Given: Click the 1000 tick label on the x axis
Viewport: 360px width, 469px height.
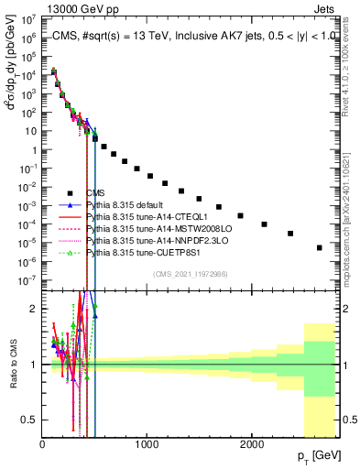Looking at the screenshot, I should pos(147,444).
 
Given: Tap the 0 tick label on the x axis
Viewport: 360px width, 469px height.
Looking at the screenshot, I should pos(42,444).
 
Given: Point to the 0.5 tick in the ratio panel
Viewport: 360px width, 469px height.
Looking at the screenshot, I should pos(30,420).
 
